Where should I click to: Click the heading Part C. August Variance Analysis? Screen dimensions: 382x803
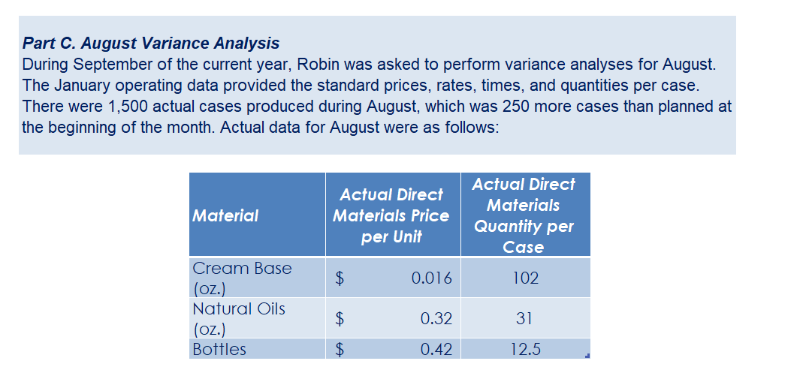151,43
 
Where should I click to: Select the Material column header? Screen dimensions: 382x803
225,215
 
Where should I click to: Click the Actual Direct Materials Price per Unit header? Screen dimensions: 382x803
391,215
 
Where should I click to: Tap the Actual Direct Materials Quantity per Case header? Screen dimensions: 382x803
524,215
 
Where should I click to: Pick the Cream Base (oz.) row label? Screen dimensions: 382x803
242,278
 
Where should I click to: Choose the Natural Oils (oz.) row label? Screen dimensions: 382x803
239,318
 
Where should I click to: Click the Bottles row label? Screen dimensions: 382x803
219,349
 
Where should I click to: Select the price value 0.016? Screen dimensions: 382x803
432,278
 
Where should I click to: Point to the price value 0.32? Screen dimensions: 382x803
436,319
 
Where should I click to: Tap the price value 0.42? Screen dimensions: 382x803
436,349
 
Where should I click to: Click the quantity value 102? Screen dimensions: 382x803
525,278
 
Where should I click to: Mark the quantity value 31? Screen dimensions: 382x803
525,319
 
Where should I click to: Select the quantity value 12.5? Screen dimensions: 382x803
525,349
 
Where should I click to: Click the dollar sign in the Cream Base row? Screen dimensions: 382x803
340,278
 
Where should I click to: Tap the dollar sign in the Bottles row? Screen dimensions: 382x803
340,349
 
